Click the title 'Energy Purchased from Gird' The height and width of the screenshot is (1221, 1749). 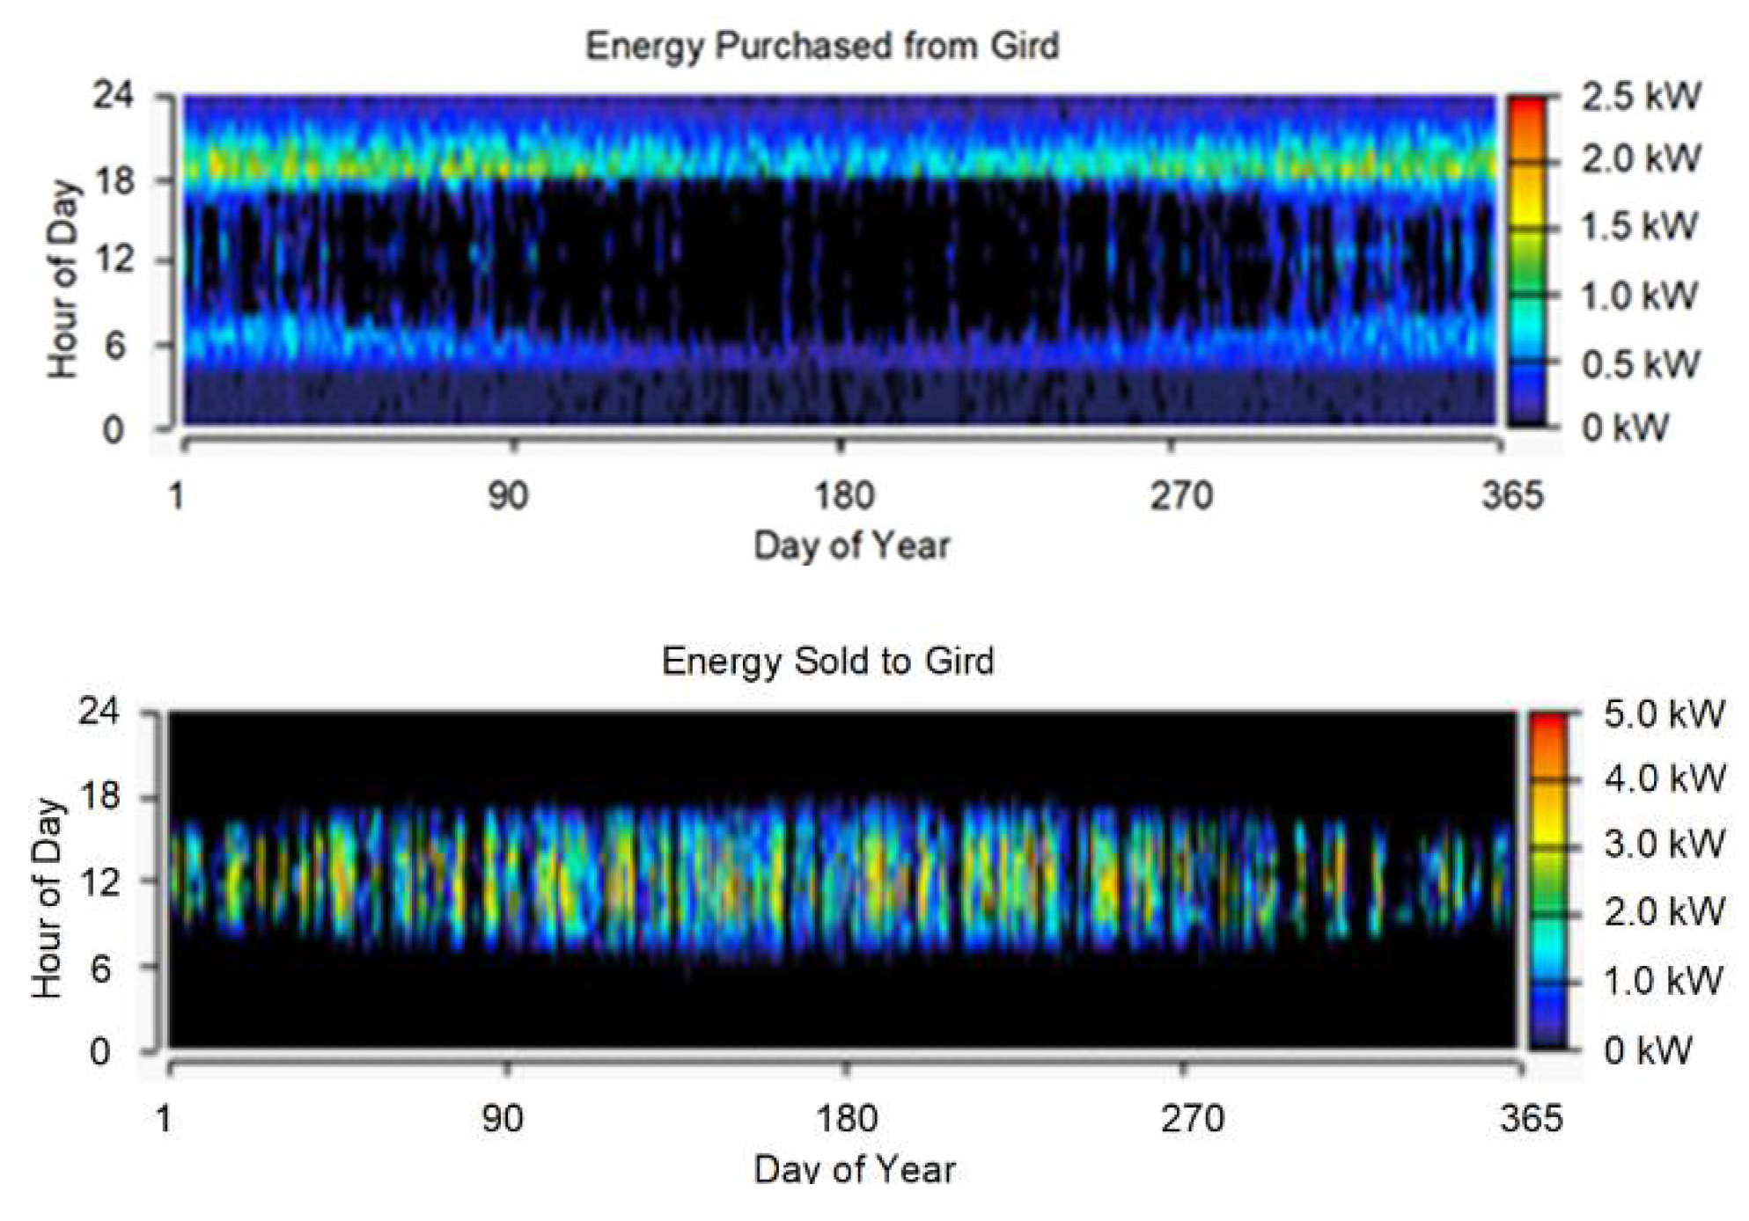point(822,46)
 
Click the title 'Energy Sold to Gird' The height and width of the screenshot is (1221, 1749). point(827,661)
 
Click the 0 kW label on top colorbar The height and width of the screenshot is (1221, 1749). point(1625,428)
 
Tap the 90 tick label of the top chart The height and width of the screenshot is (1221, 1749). point(508,497)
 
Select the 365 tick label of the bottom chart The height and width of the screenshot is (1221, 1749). point(1532,1119)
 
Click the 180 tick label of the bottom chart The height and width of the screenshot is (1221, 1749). point(846,1119)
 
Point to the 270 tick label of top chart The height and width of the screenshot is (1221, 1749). point(1180,497)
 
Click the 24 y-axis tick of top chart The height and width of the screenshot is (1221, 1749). point(114,94)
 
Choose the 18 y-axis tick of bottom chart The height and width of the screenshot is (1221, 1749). point(99,796)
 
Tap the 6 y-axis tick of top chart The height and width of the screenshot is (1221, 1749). point(115,346)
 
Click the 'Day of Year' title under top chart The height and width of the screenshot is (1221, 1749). point(851,545)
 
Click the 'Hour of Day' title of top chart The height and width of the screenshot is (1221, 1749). point(63,279)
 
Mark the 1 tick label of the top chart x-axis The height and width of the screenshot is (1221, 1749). point(176,497)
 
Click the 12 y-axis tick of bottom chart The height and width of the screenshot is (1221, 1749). point(99,881)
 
